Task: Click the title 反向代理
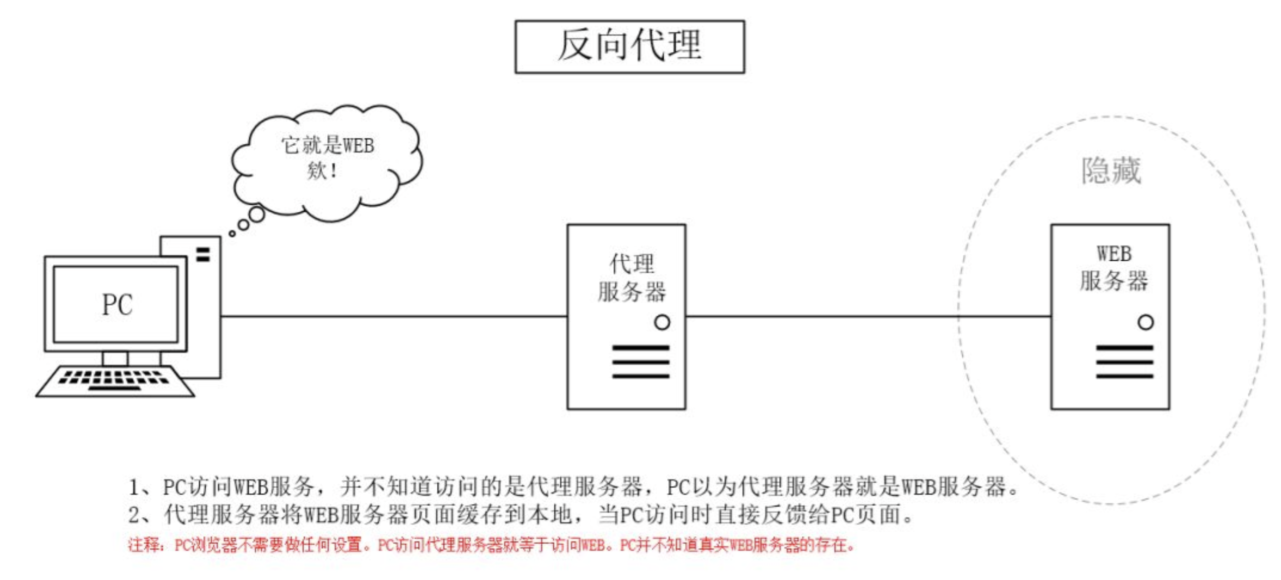[629, 45]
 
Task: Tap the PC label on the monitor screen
[117, 305]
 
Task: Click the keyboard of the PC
[115, 381]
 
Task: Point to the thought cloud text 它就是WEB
[327, 145]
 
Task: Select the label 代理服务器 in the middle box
[631, 278]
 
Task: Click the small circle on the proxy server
[662, 322]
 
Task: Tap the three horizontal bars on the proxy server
[640, 362]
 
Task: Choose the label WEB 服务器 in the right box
[1114, 268]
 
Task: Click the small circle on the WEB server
[1145, 322]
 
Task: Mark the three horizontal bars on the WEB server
[1124, 362]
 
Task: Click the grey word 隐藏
[1111, 171]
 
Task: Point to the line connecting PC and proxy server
[394, 317]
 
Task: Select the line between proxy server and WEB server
[868, 317]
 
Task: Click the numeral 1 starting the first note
[134, 488]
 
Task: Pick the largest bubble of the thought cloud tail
[257, 214]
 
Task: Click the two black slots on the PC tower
[203, 255]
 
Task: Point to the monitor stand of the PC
[115, 359]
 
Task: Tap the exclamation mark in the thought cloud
[333, 171]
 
